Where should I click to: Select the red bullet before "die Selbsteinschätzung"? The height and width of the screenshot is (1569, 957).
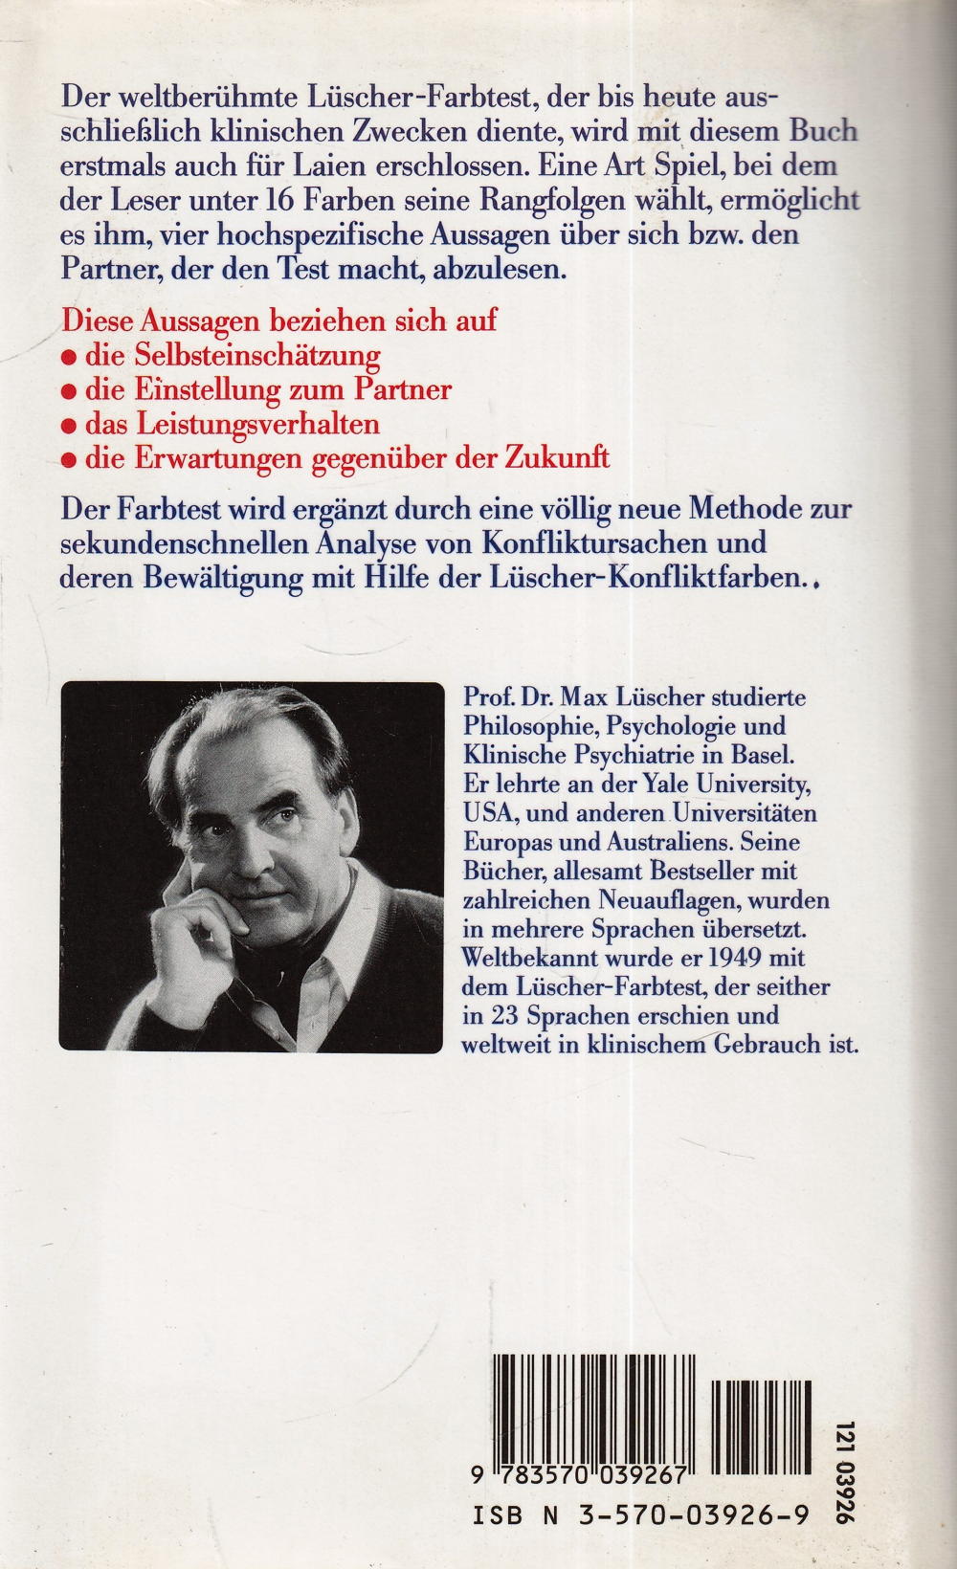pos(68,357)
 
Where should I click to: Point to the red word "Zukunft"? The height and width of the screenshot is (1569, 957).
pos(561,457)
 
